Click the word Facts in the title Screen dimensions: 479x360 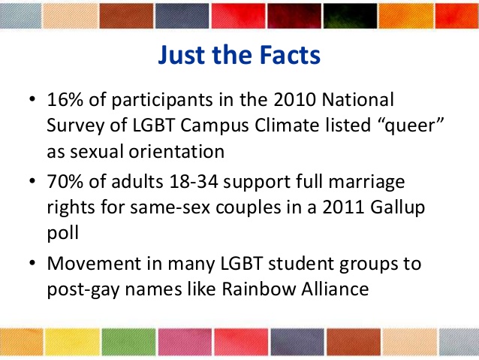[291, 55]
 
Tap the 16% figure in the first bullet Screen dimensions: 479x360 [65, 100]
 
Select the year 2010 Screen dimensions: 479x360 [295, 100]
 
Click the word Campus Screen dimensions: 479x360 [215, 126]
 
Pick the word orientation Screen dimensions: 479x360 [176, 152]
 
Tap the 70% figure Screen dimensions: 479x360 [65, 181]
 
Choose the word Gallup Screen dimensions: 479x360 [397, 208]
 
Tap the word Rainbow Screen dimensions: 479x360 [259, 289]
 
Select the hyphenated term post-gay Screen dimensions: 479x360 [83, 290]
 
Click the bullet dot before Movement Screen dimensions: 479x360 [32, 263]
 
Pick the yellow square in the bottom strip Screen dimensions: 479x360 [72, 342]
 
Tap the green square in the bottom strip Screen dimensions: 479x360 [129, 342]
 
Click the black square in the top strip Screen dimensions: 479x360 [350, 16]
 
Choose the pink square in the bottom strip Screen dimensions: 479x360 [185, 342]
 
